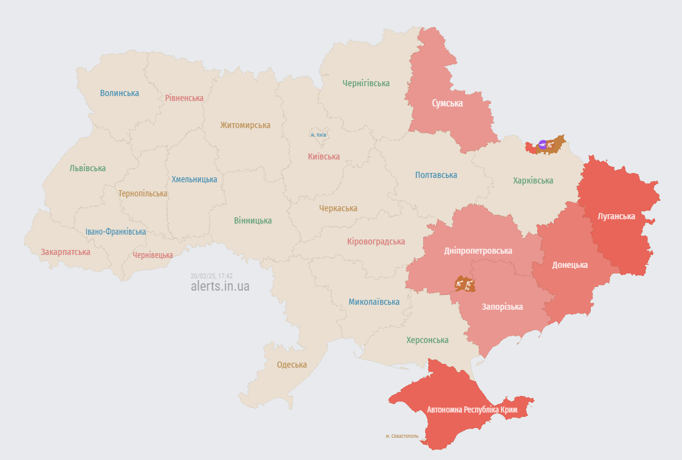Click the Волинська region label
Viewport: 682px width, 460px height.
tap(120, 93)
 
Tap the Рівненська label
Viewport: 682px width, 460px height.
tap(184, 98)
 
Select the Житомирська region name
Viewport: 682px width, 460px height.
tap(245, 125)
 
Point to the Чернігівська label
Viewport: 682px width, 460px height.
tap(366, 83)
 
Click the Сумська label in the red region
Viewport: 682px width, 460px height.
tap(447, 103)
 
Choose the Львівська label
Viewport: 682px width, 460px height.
tap(87, 168)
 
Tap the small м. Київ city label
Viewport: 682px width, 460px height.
tap(319, 135)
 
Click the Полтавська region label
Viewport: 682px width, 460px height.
tap(436, 175)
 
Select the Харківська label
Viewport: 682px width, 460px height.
tap(533, 180)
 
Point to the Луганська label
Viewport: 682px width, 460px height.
tap(616, 216)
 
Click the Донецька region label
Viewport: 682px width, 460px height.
tap(569, 265)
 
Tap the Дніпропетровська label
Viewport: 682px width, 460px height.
tap(478, 251)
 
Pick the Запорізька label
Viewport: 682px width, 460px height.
tap(502, 307)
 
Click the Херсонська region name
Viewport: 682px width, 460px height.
tap(427, 340)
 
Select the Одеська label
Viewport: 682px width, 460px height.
tap(291, 365)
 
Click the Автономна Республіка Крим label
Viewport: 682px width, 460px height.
tap(472, 410)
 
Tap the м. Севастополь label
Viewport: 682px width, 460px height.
tap(402, 436)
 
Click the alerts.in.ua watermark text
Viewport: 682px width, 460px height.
tap(220, 286)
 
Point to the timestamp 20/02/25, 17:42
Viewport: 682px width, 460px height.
tap(211, 276)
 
